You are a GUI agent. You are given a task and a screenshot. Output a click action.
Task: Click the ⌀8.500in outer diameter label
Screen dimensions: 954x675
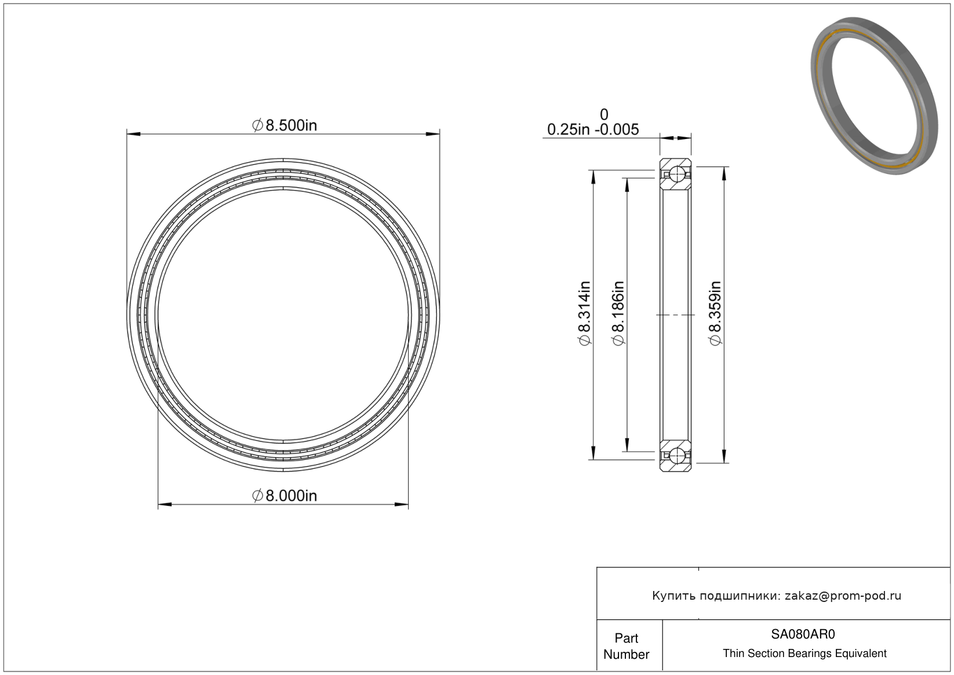[x=285, y=126]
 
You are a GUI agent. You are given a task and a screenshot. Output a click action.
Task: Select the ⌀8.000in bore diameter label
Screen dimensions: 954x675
[x=285, y=496]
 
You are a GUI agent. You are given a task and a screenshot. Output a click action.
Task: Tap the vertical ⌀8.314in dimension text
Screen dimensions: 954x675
[x=585, y=313]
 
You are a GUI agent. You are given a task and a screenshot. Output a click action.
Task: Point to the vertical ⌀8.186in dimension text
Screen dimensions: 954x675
[x=618, y=313]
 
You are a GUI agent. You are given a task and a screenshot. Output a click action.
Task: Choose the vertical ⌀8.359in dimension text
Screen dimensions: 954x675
[x=715, y=313]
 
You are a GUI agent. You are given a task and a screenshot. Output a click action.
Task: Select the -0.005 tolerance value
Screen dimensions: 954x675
[x=617, y=129]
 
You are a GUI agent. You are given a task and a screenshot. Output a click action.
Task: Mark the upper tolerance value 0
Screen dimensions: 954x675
[x=604, y=115]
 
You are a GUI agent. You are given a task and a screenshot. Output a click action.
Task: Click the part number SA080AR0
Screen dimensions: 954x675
[x=803, y=634]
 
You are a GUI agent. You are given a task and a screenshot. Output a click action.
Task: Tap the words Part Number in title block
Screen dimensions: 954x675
[x=626, y=646]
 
